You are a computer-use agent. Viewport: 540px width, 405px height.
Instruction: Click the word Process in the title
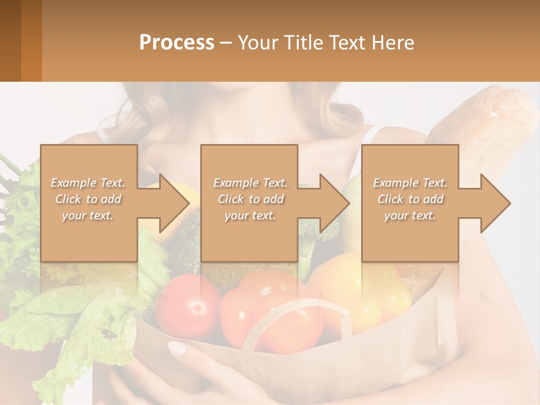(177, 43)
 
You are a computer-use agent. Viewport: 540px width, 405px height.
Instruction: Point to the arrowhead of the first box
(174, 203)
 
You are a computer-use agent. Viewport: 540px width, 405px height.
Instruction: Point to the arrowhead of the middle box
(335, 203)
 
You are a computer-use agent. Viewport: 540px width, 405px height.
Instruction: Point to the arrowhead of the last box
(496, 203)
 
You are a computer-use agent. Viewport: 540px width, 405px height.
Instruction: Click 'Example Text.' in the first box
(88, 183)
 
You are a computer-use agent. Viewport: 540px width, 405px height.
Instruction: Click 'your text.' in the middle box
(250, 215)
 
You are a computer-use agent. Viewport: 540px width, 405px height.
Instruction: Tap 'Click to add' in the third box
(411, 199)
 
